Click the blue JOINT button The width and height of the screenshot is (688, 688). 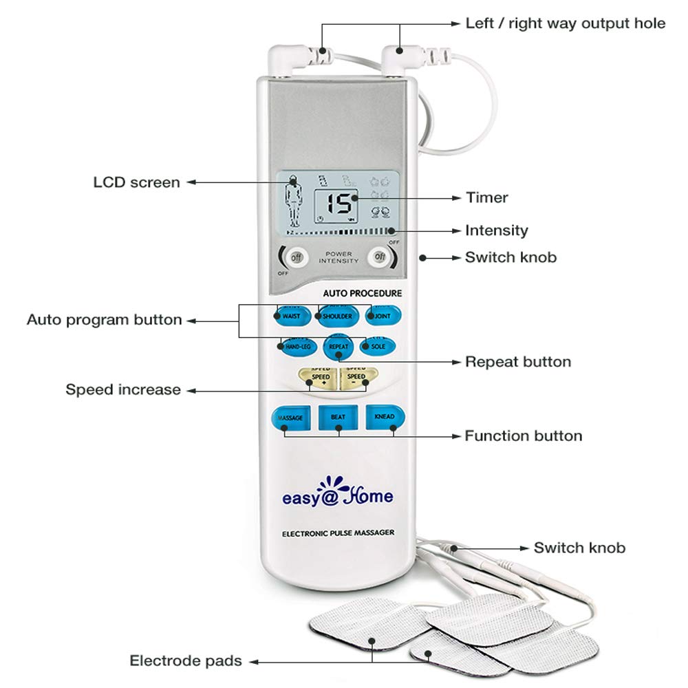383,316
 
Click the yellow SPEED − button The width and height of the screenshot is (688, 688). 357,378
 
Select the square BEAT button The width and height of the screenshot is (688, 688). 338,418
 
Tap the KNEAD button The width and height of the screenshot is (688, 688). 384,417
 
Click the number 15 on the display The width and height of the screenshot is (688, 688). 338,204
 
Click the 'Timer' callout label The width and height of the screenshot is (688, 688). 486,197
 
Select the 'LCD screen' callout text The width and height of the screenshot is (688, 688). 136,182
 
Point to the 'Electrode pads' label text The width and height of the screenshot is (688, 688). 186,661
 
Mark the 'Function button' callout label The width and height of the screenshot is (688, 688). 523,436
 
